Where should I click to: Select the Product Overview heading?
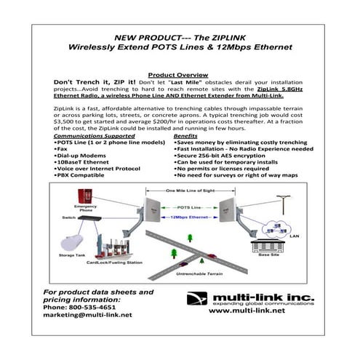(x=179, y=75)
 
